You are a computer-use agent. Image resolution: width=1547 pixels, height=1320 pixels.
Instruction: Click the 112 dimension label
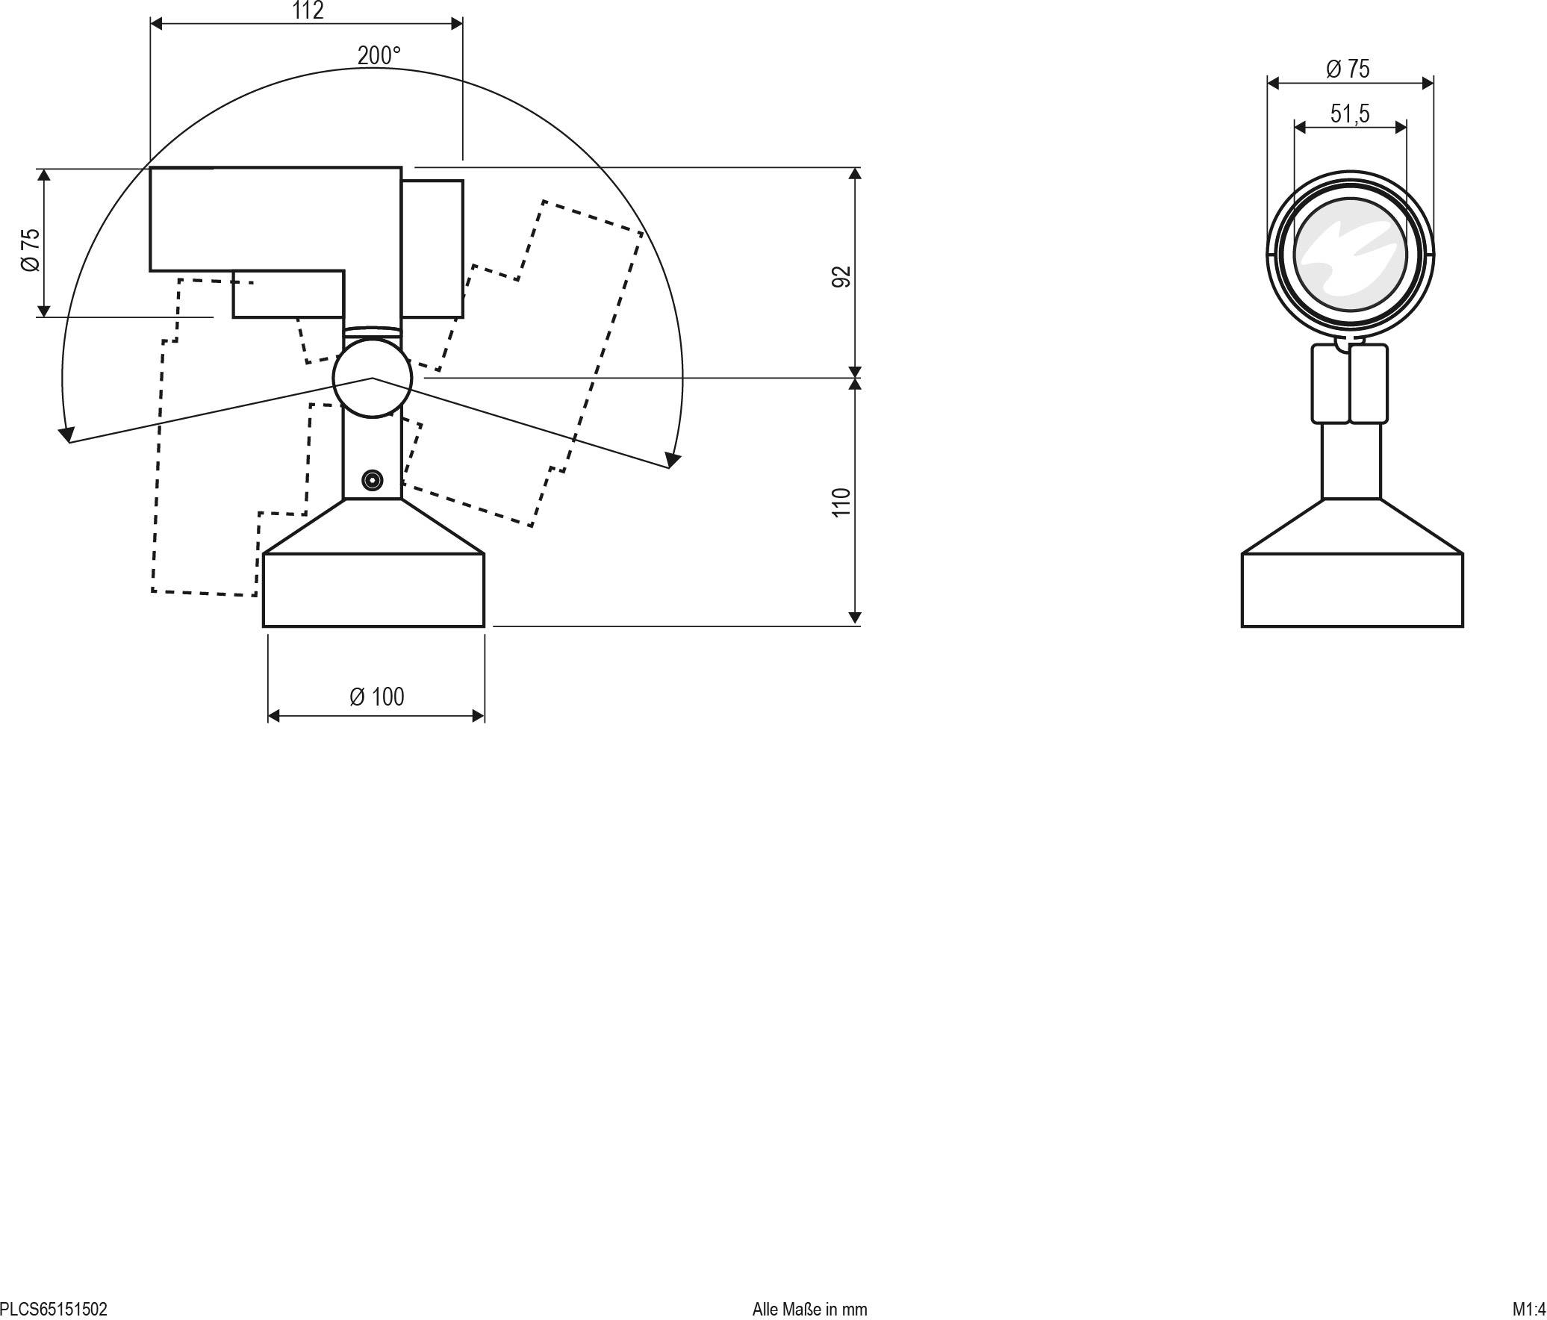308,11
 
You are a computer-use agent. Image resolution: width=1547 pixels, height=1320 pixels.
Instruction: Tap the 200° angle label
379,56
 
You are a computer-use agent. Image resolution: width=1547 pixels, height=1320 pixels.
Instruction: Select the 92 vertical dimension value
841,276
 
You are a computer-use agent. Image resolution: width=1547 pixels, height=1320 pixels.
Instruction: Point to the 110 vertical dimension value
841,502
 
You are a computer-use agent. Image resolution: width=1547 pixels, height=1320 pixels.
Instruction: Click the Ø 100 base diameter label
376,697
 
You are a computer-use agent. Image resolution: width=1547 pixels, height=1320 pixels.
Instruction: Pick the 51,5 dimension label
1350,113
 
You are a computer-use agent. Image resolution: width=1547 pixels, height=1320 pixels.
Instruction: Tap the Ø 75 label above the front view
1348,69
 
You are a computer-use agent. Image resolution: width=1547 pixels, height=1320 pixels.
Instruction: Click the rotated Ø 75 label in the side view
31,250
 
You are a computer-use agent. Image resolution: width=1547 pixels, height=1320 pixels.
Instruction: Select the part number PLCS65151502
54,1309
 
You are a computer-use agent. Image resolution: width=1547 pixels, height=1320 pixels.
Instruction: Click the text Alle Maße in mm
809,1309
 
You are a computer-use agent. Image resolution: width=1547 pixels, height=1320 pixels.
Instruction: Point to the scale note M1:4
1528,1309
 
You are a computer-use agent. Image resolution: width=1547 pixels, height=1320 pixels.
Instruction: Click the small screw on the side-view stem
372,480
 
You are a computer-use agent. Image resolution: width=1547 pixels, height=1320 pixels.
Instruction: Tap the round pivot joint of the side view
372,378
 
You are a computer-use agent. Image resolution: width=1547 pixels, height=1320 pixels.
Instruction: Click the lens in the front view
1350,254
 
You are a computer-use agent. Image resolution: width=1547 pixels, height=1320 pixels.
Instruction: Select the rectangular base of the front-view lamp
1351,590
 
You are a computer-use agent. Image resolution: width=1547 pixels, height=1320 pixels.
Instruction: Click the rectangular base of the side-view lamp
373,590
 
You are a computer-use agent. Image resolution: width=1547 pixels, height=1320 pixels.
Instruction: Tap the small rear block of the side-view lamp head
432,249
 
